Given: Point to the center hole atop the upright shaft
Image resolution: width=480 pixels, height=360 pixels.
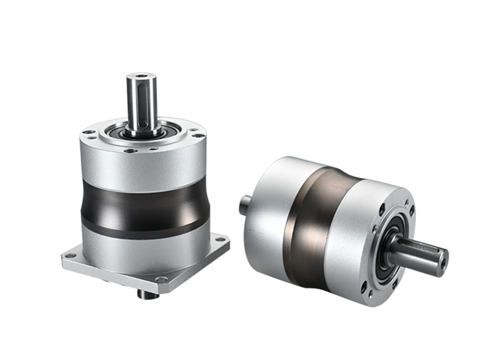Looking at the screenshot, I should tap(142, 76).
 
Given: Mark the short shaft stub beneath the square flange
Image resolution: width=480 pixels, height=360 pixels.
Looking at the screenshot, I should tap(147, 293).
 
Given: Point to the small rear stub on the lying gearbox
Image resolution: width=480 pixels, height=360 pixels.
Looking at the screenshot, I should tap(245, 205).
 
